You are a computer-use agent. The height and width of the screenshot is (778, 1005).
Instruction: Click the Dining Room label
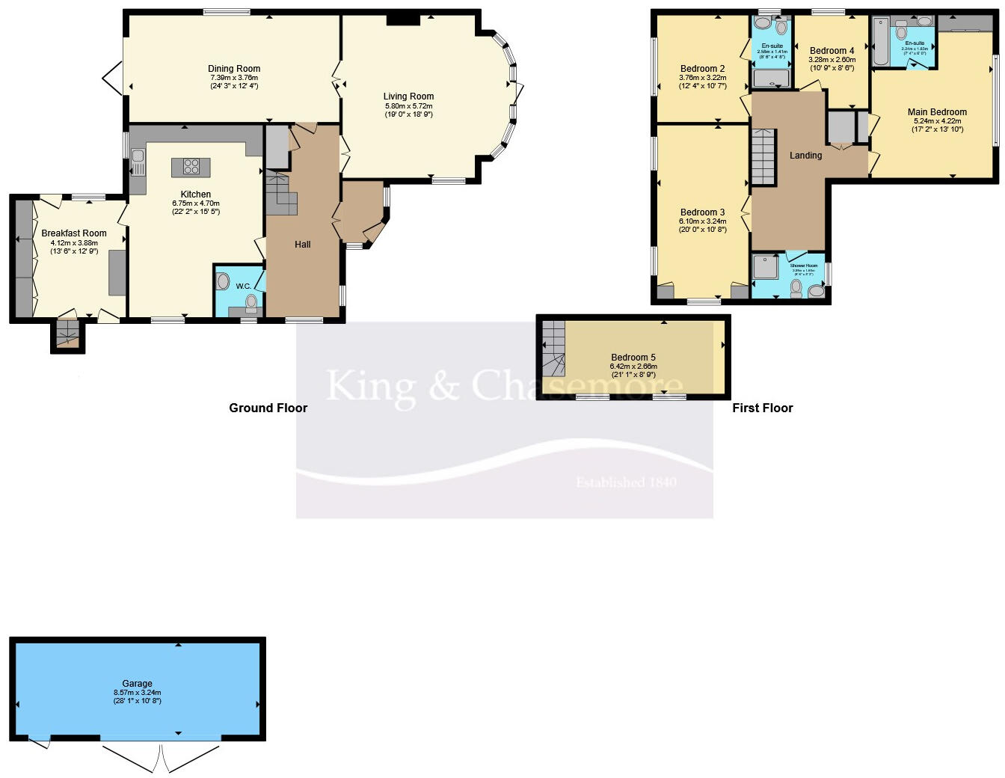[234, 68]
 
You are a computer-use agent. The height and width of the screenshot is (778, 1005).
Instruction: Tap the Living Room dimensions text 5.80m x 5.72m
[408, 105]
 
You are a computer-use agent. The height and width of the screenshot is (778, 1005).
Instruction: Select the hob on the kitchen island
[191, 167]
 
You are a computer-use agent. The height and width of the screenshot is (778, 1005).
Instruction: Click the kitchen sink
[138, 158]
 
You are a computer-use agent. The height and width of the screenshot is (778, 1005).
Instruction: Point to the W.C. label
[243, 286]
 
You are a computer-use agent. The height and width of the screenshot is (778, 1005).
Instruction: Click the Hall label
[302, 245]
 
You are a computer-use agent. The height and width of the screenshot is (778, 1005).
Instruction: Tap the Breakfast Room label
[74, 233]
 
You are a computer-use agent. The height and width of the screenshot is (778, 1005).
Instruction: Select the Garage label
[137, 684]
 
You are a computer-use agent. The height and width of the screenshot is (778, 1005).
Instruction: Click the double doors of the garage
[161, 757]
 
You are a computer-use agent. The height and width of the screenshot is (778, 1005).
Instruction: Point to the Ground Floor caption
[268, 408]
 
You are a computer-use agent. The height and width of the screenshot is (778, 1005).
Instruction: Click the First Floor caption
[762, 408]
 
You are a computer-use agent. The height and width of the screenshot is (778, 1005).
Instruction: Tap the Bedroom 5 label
[633, 358]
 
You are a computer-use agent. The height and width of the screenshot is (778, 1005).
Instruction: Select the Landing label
[805, 156]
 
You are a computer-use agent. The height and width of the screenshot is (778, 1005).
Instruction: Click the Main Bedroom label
[937, 112]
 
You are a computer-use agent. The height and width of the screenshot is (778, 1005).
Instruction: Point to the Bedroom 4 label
[832, 51]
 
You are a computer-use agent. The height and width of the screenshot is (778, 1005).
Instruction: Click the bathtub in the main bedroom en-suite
[880, 43]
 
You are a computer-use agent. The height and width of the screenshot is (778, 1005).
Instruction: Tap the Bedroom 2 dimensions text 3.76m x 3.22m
[702, 77]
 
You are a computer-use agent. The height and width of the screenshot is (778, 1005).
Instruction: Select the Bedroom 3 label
[702, 212]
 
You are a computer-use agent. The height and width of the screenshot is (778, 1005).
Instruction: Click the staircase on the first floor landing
[763, 156]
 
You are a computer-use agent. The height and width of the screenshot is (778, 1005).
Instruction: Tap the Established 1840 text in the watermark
[626, 483]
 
